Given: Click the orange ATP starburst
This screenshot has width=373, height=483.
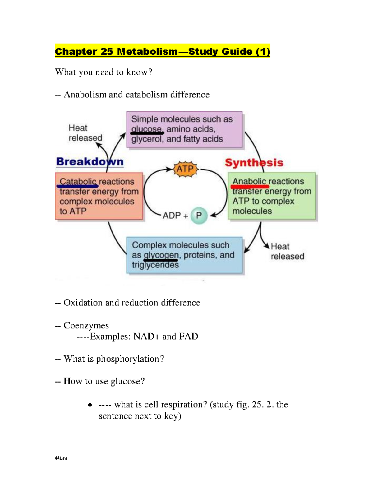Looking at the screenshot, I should point(185,170).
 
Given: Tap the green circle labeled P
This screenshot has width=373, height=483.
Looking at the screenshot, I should point(199,216).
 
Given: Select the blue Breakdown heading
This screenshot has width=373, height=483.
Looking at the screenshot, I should point(90,162).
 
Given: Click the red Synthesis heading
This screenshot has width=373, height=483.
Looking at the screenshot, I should point(254,163).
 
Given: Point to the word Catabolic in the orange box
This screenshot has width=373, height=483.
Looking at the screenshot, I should point(78,182).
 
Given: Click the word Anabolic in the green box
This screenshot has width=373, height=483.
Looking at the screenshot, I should point(249,181).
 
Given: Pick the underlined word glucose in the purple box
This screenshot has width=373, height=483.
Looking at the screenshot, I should point(146,129).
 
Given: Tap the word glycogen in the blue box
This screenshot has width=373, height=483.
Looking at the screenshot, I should point(161,255).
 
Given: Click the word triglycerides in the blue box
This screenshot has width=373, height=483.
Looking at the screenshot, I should point(155,265).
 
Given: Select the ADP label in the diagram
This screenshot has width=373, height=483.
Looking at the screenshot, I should point(172,216).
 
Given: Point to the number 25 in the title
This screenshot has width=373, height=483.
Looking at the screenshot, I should point(107,51).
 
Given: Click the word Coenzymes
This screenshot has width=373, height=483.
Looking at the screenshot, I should point(86,325).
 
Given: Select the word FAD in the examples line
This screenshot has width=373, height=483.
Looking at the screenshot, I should point(189,337).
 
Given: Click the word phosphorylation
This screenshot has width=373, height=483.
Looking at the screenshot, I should point(127,359).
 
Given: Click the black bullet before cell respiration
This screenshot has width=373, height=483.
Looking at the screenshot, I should point(90,405).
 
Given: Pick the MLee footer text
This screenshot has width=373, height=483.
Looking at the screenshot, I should point(61,458).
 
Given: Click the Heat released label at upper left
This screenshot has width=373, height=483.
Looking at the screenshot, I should point(85,133).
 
